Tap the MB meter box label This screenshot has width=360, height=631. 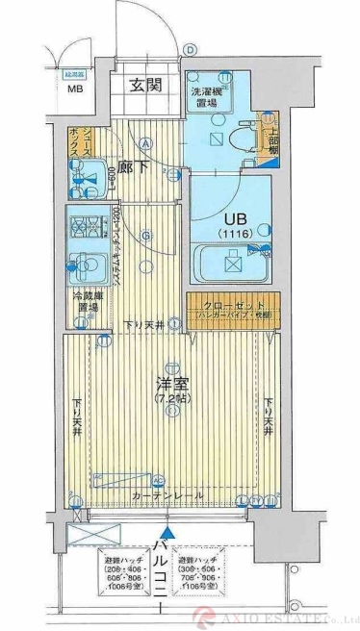click(74, 92)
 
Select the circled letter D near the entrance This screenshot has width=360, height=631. click(191, 50)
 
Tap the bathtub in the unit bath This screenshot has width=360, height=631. click(234, 264)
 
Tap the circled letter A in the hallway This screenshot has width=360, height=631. click(147, 144)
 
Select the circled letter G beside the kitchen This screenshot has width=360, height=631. click(146, 235)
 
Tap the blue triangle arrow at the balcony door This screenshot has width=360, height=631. click(169, 531)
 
